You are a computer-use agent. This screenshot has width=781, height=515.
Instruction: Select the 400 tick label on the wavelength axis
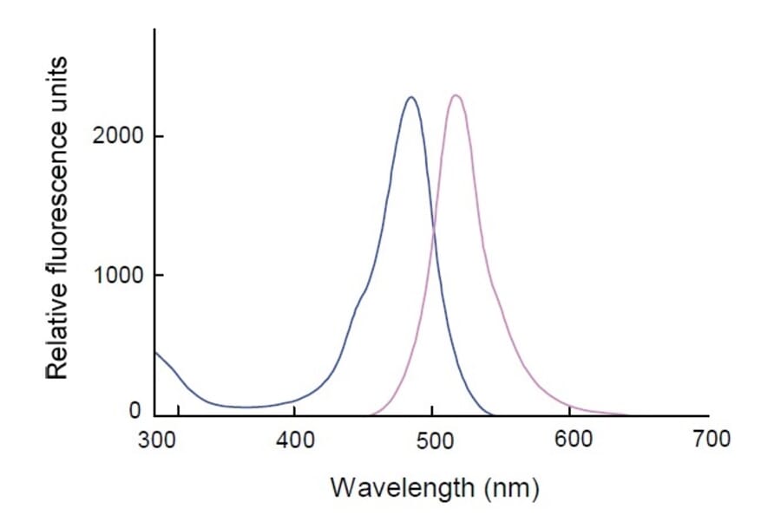(294, 439)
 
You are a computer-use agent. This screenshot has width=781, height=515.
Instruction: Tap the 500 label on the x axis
(432, 439)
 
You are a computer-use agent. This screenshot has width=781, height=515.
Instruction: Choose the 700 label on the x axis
(709, 439)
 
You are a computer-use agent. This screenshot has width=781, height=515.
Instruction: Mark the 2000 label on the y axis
(116, 137)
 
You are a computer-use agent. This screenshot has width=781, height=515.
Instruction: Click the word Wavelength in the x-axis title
(397, 487)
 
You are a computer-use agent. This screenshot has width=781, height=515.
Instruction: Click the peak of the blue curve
(411, 97)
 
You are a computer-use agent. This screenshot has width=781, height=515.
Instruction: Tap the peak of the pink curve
(455, 95)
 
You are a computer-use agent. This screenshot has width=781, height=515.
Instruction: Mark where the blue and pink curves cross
(433, 229)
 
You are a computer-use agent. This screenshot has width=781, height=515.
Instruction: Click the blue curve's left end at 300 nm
(156, 352)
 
